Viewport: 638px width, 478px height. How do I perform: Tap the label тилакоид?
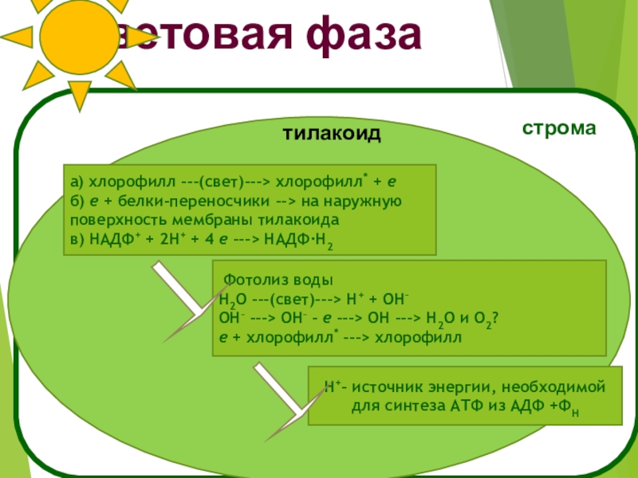point(330,133)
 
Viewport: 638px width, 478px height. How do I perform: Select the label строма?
point(559,127)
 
